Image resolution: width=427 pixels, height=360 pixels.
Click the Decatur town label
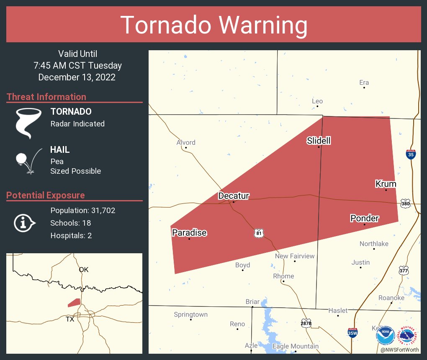234,196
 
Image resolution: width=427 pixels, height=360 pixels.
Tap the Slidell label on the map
319,141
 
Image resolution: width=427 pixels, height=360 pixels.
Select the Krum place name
386,184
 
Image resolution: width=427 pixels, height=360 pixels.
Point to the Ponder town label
364,218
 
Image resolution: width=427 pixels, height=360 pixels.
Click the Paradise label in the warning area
189,233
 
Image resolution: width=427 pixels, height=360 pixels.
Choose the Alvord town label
186,142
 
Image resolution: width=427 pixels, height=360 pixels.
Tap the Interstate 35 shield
411,154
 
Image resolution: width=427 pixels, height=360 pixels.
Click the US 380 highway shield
405,203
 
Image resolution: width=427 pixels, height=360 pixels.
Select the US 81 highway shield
259,233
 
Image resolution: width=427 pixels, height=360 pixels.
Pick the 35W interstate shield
352,333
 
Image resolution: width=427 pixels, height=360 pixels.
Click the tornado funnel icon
28,123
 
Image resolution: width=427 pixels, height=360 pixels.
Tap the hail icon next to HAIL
28,161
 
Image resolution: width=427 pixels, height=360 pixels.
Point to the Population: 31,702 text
82,211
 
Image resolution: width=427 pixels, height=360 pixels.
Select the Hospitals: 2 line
71,236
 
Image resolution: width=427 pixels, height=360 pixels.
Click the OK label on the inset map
84,270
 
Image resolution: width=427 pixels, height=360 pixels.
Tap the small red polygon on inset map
74,302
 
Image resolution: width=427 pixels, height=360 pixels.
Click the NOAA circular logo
385,336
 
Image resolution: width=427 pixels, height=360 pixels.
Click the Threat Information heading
46,97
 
